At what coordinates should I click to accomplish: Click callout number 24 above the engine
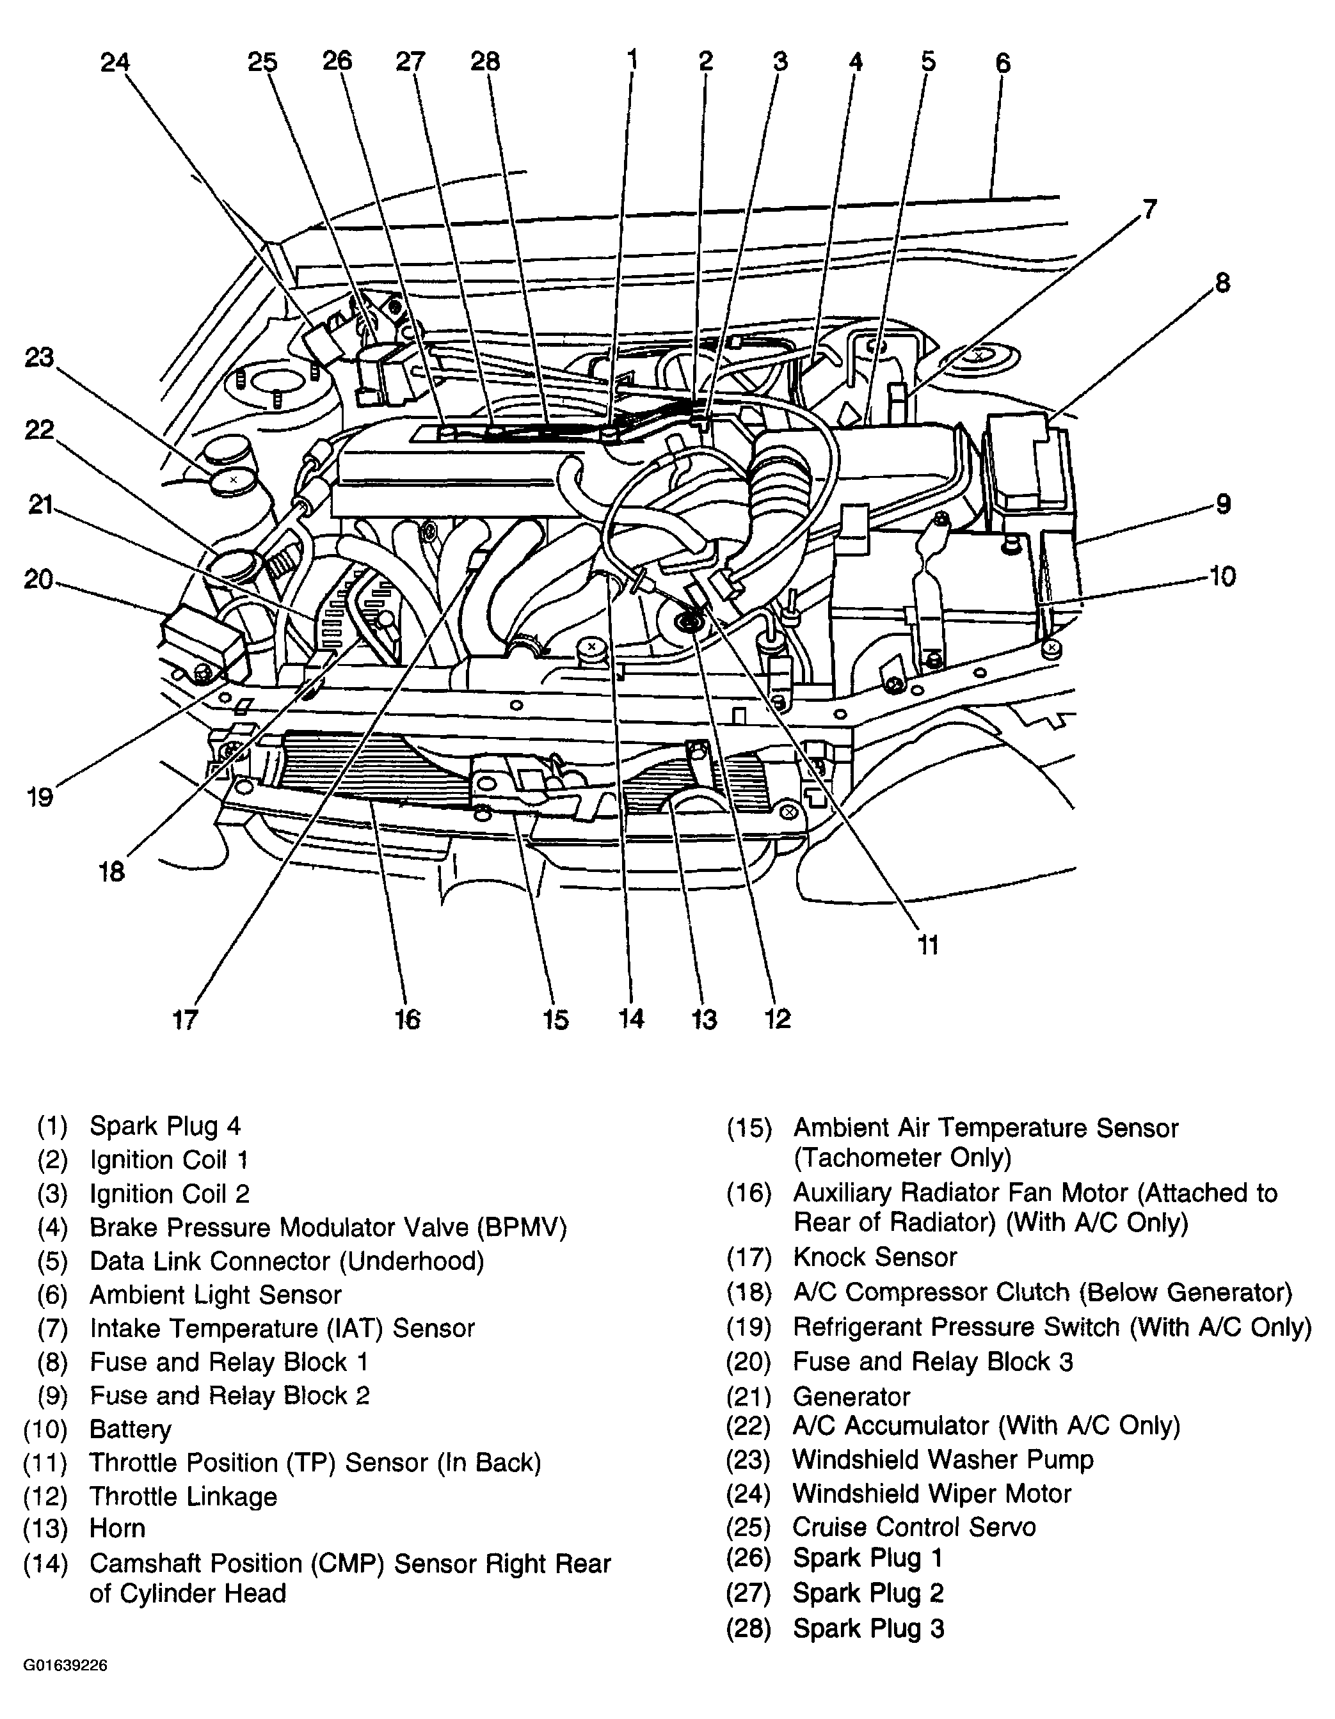tap(115, 63)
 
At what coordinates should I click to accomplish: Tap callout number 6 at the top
tap(1002, 63)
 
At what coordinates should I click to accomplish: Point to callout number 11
tap(929, 944)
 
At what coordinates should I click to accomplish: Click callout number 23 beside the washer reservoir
tap(39, 358)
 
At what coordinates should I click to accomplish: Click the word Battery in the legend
tap(130, 1429)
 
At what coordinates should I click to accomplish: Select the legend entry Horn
tap(117, 1528)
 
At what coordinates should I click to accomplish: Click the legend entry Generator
tap(851, 1397)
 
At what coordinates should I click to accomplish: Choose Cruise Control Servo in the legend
tap(914, 1527)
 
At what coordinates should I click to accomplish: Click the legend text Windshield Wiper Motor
tap(932, 1493)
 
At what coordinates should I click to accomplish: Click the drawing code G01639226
tap(65, 1665)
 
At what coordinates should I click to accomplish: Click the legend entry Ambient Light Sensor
tap(215, 1295)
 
